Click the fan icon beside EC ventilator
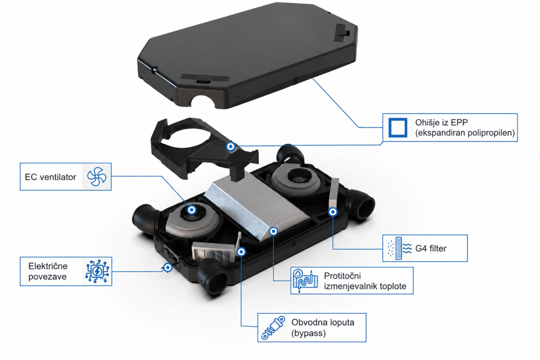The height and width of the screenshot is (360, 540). [97, 177]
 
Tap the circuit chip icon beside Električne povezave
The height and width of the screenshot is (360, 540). [97, 271]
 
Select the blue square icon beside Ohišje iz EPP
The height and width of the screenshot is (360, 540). [398, 127]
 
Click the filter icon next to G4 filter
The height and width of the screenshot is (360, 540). [400, 248]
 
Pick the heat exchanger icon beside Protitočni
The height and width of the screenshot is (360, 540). [305, 281]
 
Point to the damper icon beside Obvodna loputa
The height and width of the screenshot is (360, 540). [273, 328]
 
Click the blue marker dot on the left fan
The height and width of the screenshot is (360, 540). [192, 210]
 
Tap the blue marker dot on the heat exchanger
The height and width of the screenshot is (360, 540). [274, 231]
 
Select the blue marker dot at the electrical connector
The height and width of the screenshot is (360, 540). [168, 267]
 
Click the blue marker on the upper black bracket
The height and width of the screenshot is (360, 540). [231, 146]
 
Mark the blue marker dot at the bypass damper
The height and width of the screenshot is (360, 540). [241, 252]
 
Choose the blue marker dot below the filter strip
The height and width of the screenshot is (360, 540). [333, 212]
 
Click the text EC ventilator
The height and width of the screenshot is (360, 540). [50, 177]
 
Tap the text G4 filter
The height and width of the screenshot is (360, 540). [431, 248]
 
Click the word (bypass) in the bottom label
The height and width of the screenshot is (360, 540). [309, 333]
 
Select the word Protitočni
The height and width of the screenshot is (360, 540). [342, 275]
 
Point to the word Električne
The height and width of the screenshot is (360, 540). [48, 266]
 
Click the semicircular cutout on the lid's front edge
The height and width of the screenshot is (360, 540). [203, 101]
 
